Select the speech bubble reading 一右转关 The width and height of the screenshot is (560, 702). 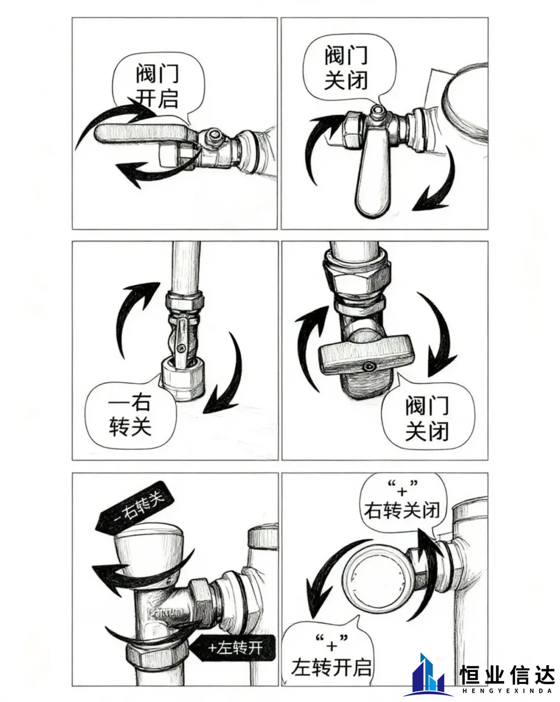pos(131,414)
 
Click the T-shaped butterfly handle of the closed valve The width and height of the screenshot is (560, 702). pos(367,354)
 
